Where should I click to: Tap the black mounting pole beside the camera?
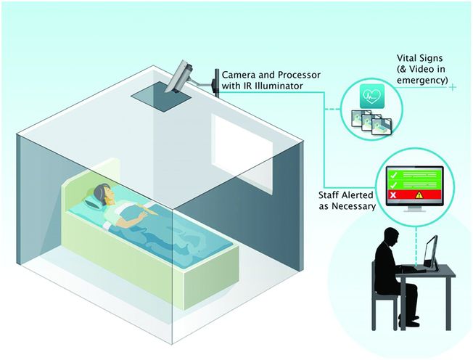(x=215, y=81)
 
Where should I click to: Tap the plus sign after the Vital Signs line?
(x=453, y=88)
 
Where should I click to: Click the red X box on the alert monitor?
(x=392, y=195)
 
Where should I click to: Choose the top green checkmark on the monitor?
(x=392, y=175)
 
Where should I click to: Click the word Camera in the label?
(x=240, y=75)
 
